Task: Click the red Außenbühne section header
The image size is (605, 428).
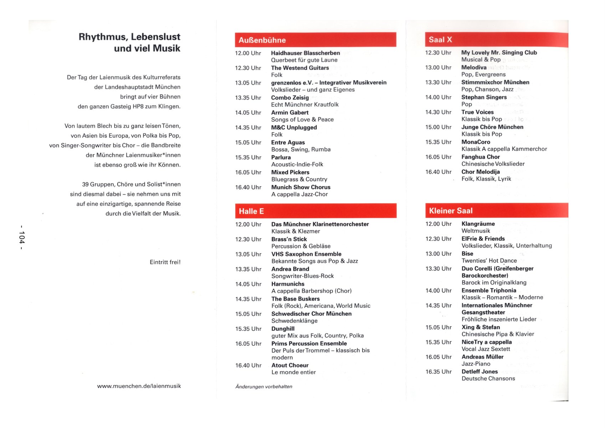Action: tap(315, 40)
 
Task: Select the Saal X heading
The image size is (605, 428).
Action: tap(496, 40)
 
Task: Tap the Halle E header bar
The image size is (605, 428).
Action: tap(316, 211)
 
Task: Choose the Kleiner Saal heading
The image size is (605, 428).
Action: tap(496, 211)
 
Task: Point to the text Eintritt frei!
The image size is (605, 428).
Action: tap(165, 262)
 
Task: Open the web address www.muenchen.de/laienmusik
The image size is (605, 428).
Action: tap(139, 386)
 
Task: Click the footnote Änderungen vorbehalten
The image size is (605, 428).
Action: tap(263, 387)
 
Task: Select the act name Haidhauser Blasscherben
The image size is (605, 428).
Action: tap(305, 53)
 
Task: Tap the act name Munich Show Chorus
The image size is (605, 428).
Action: tap(301, 187)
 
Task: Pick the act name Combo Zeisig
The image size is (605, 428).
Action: tap(290, 98)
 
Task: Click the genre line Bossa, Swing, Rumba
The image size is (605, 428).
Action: tap(301, 149)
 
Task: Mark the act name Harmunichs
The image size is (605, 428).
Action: tap(288, 284)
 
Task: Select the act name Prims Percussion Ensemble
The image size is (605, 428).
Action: tap(309, 343)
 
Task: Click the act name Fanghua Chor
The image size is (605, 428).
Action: tap(480, 157)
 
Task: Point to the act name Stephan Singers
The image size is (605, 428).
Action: tap(484, 97)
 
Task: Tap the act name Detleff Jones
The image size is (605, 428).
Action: tap(480, 372)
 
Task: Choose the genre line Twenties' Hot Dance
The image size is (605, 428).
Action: tap(489, 261)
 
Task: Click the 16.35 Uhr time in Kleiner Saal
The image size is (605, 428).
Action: tap(438, 372)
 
